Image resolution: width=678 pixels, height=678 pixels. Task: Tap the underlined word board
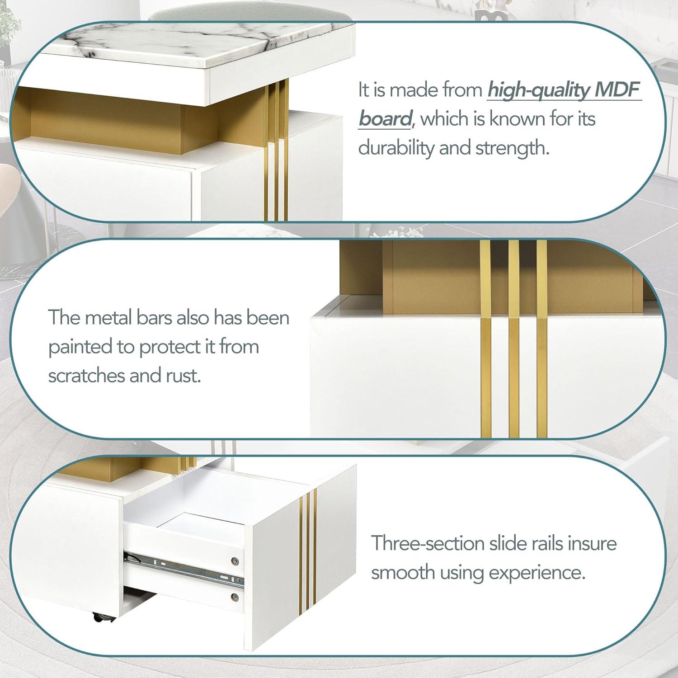point(385,118)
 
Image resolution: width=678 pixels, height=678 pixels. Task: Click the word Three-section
point(428,543)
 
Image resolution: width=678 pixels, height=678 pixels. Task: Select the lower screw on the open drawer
point(234,596)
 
